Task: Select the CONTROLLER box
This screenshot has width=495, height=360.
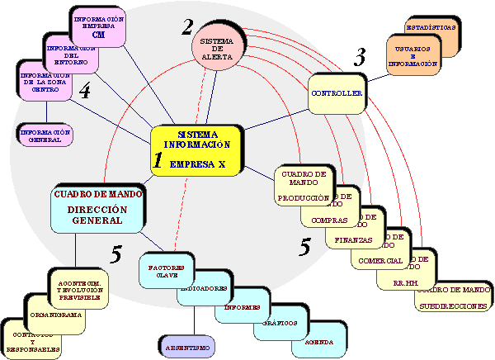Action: click(x=337, y=94)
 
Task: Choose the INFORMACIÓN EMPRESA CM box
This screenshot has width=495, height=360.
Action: click(x=99, y=27)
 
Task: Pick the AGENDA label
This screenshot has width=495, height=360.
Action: click(x=318, y=341)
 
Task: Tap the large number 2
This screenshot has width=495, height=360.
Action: click(x=189, y=27)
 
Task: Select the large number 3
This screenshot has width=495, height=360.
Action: click(x=360, y=58)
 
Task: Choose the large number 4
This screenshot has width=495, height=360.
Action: click(x=85, y=92)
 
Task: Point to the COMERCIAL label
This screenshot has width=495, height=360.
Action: click(x=381, y=261)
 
